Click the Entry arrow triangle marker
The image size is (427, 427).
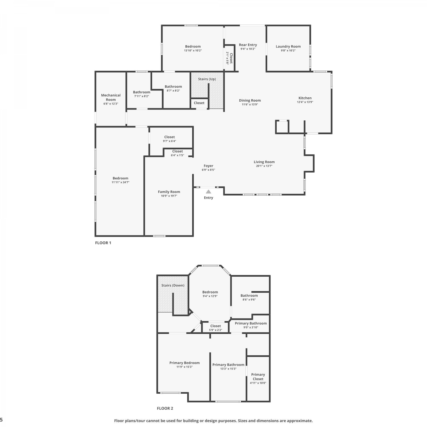(209, 192)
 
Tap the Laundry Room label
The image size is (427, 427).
(288, 46)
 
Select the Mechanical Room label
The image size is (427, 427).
(111, 97)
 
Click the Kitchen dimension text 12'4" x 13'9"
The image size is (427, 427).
(305, 102)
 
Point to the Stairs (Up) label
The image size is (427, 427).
(207, 79)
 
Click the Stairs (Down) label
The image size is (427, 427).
(173, 285)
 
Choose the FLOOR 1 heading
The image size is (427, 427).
(103, 243)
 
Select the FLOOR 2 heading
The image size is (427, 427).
(165, 408)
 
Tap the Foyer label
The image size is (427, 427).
(208, 166)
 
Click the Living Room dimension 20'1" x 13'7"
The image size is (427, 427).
(264, 166)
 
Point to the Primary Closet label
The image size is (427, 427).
(258, 377)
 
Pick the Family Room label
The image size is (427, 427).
(169, 192)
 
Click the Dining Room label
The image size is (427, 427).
(250, 100)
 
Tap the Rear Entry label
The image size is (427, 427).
(248, 45)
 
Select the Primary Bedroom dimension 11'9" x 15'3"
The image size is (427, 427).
(184, 367)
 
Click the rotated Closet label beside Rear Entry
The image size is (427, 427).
(231, 58)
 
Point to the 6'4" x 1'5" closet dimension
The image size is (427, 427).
(177, 155)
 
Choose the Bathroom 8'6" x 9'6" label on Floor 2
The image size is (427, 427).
(249, 295)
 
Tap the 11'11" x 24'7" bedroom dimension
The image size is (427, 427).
(120, 182)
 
